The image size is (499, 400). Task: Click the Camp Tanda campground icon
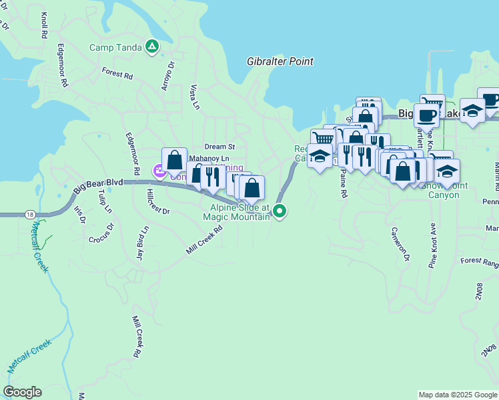pyautogui.click(x=152, y=47)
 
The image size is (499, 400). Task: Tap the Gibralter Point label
pyautogui.click(x=280, y=61)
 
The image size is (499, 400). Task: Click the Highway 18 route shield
pyautogui.click(x=30, y=214)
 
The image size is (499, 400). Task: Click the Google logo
pyautogui.click(x=22, y=392)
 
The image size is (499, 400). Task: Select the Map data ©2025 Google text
pyautogui.click(x=457, y=395)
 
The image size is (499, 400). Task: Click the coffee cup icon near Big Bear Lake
pyautogui.click(x=426, y=115)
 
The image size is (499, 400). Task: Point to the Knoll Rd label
pyautogui.click(x=44, y=25)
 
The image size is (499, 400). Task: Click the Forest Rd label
pyautogui.click(x=117, y=72)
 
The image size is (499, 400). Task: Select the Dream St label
pyautogui.click(x=220, y=146)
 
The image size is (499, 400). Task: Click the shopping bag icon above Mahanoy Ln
pyautogui.click(x=174, y=160)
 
